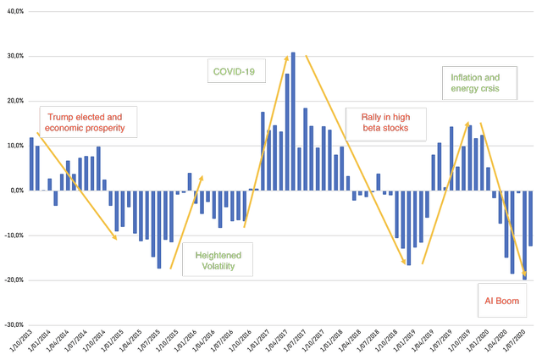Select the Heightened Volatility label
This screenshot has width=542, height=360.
[x=218, y=261]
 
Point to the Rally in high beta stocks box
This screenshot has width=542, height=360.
[x=385, y=123]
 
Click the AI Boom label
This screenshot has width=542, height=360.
[x=499, y=301]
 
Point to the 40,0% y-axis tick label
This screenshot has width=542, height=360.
[x=13, y=12]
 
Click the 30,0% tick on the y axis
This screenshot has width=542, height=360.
[x=13, y=57]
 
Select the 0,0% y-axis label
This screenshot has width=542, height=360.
[x=14, y=191]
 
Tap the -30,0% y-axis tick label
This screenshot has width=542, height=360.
[x=11, y=324]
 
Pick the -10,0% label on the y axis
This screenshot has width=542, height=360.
[x=11, y=235]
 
